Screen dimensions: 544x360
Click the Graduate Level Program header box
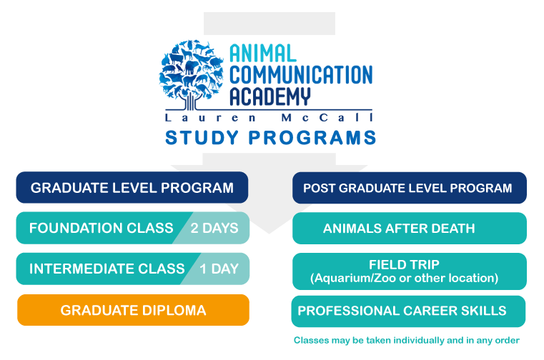click(132, 187)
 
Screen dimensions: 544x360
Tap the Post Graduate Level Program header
click(410, 188)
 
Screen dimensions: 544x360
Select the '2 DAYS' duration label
click(214, 228)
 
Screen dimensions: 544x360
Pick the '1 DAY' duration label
click(219, 269)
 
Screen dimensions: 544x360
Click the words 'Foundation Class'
click(101, 228)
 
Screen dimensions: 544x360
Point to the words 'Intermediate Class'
click(107, 269)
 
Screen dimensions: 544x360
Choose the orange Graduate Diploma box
click(133, 310)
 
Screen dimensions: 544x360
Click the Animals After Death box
click(410, 228)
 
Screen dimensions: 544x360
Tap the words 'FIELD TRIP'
click(404, 264)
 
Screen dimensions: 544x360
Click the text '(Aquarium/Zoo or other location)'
click(404, 278)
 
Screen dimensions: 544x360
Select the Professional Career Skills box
click(408, 311)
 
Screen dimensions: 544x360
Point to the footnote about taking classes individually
click(406, 340)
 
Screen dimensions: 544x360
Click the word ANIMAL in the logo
click(262, 54)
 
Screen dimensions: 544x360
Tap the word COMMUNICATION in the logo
click(301, 74)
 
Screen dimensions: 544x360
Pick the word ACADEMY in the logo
click(270, 96)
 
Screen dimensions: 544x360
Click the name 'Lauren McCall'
click(269, 118)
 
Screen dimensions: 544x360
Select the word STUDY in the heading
click(202, 137)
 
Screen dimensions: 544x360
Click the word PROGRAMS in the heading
click(312, 137)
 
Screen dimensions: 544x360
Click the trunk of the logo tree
click(189, 103)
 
